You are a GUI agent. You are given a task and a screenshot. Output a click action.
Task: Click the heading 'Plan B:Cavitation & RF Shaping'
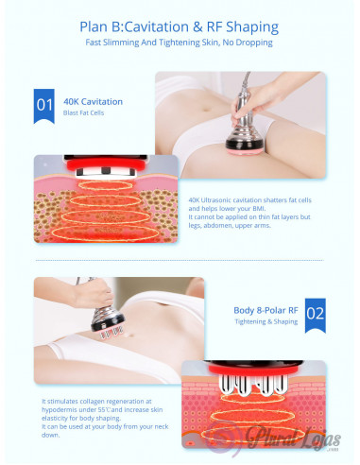[x=179, y=27]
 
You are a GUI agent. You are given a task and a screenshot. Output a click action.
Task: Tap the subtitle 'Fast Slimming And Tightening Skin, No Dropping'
[x=179, y=43]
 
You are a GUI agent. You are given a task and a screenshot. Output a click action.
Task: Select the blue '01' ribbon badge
[x=44, y=106]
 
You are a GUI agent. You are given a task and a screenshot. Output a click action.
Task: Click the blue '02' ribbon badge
[x=316, y=316]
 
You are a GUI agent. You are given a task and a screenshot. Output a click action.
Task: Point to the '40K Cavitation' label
[x=93, y=102]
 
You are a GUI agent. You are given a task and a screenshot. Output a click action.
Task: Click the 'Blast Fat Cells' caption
[x=83, y=112]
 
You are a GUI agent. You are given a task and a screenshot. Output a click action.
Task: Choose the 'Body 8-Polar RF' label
[x=266, y=310]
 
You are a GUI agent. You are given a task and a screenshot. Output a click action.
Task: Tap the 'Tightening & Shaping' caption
[x=266, y=321]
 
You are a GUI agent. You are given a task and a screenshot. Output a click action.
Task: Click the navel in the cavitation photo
[x=206, y=110]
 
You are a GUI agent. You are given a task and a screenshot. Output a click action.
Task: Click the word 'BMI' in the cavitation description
[x=259, y=209]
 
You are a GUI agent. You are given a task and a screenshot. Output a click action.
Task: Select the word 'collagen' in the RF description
[x=92, y=402]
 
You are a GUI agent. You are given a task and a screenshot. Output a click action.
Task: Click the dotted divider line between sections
[x=180, y=261]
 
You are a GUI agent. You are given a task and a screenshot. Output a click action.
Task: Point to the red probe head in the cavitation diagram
[x=106, y=164]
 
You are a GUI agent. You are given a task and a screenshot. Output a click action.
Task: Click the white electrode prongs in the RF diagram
[x=253, y=385]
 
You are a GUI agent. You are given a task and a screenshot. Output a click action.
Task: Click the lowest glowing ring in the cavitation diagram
[x=105, y=233]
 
